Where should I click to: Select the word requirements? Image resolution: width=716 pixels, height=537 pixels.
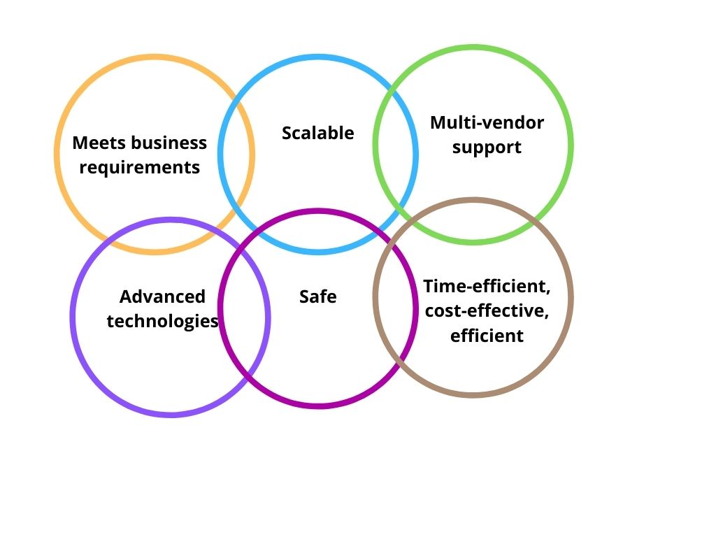140,168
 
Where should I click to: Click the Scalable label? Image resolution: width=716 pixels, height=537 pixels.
318,133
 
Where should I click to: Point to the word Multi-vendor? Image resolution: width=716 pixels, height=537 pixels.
487,123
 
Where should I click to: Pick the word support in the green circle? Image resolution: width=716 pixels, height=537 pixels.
487,148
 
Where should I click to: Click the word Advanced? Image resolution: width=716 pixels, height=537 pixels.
162,296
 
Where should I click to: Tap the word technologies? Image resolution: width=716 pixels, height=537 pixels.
162,321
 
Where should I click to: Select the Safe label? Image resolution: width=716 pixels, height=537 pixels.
318,296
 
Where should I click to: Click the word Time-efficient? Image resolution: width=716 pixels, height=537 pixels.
487,286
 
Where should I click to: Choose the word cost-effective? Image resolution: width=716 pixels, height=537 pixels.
487,311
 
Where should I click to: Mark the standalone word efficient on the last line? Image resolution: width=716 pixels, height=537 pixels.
487,336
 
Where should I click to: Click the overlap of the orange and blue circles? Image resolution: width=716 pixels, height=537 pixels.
236,155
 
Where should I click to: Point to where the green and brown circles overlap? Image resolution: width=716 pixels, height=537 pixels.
473,222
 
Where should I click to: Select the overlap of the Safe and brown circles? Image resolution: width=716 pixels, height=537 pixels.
396,302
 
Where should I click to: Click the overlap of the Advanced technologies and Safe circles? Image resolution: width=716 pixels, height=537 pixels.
244,312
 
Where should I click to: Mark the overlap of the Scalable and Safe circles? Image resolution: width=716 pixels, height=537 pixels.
318,231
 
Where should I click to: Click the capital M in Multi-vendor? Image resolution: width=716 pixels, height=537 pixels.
438,123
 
